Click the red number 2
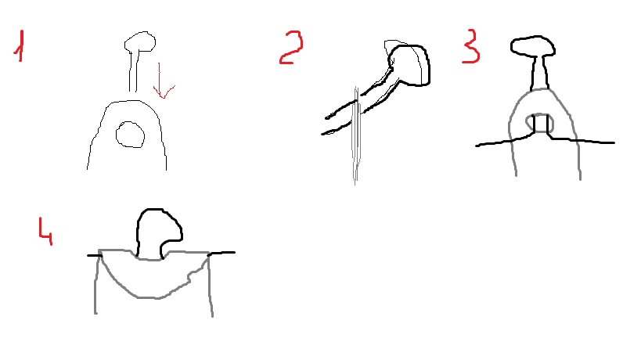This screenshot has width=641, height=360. [291, 48]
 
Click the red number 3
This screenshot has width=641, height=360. [471, 45]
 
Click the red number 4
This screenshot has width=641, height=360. [45, 232]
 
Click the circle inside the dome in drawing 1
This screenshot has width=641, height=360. [130, 135]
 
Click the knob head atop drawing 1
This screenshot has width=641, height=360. [140, 41]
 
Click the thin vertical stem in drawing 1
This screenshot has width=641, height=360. [132, 71]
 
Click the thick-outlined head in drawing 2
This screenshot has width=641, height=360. [409, 66]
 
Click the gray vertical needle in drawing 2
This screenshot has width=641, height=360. [356, 135]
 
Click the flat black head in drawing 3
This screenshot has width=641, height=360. [533, 45]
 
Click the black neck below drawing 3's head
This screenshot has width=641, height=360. [539, 73]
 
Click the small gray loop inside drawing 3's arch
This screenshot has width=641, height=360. [539, 123]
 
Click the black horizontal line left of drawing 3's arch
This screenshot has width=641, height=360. [505, 141]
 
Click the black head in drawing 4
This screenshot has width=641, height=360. [159, 233]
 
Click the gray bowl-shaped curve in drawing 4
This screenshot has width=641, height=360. [151, 296]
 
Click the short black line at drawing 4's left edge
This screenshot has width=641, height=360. [95, 256]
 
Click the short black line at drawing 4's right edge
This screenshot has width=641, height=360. [221, 254]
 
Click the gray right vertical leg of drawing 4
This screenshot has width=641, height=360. [210, 286]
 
